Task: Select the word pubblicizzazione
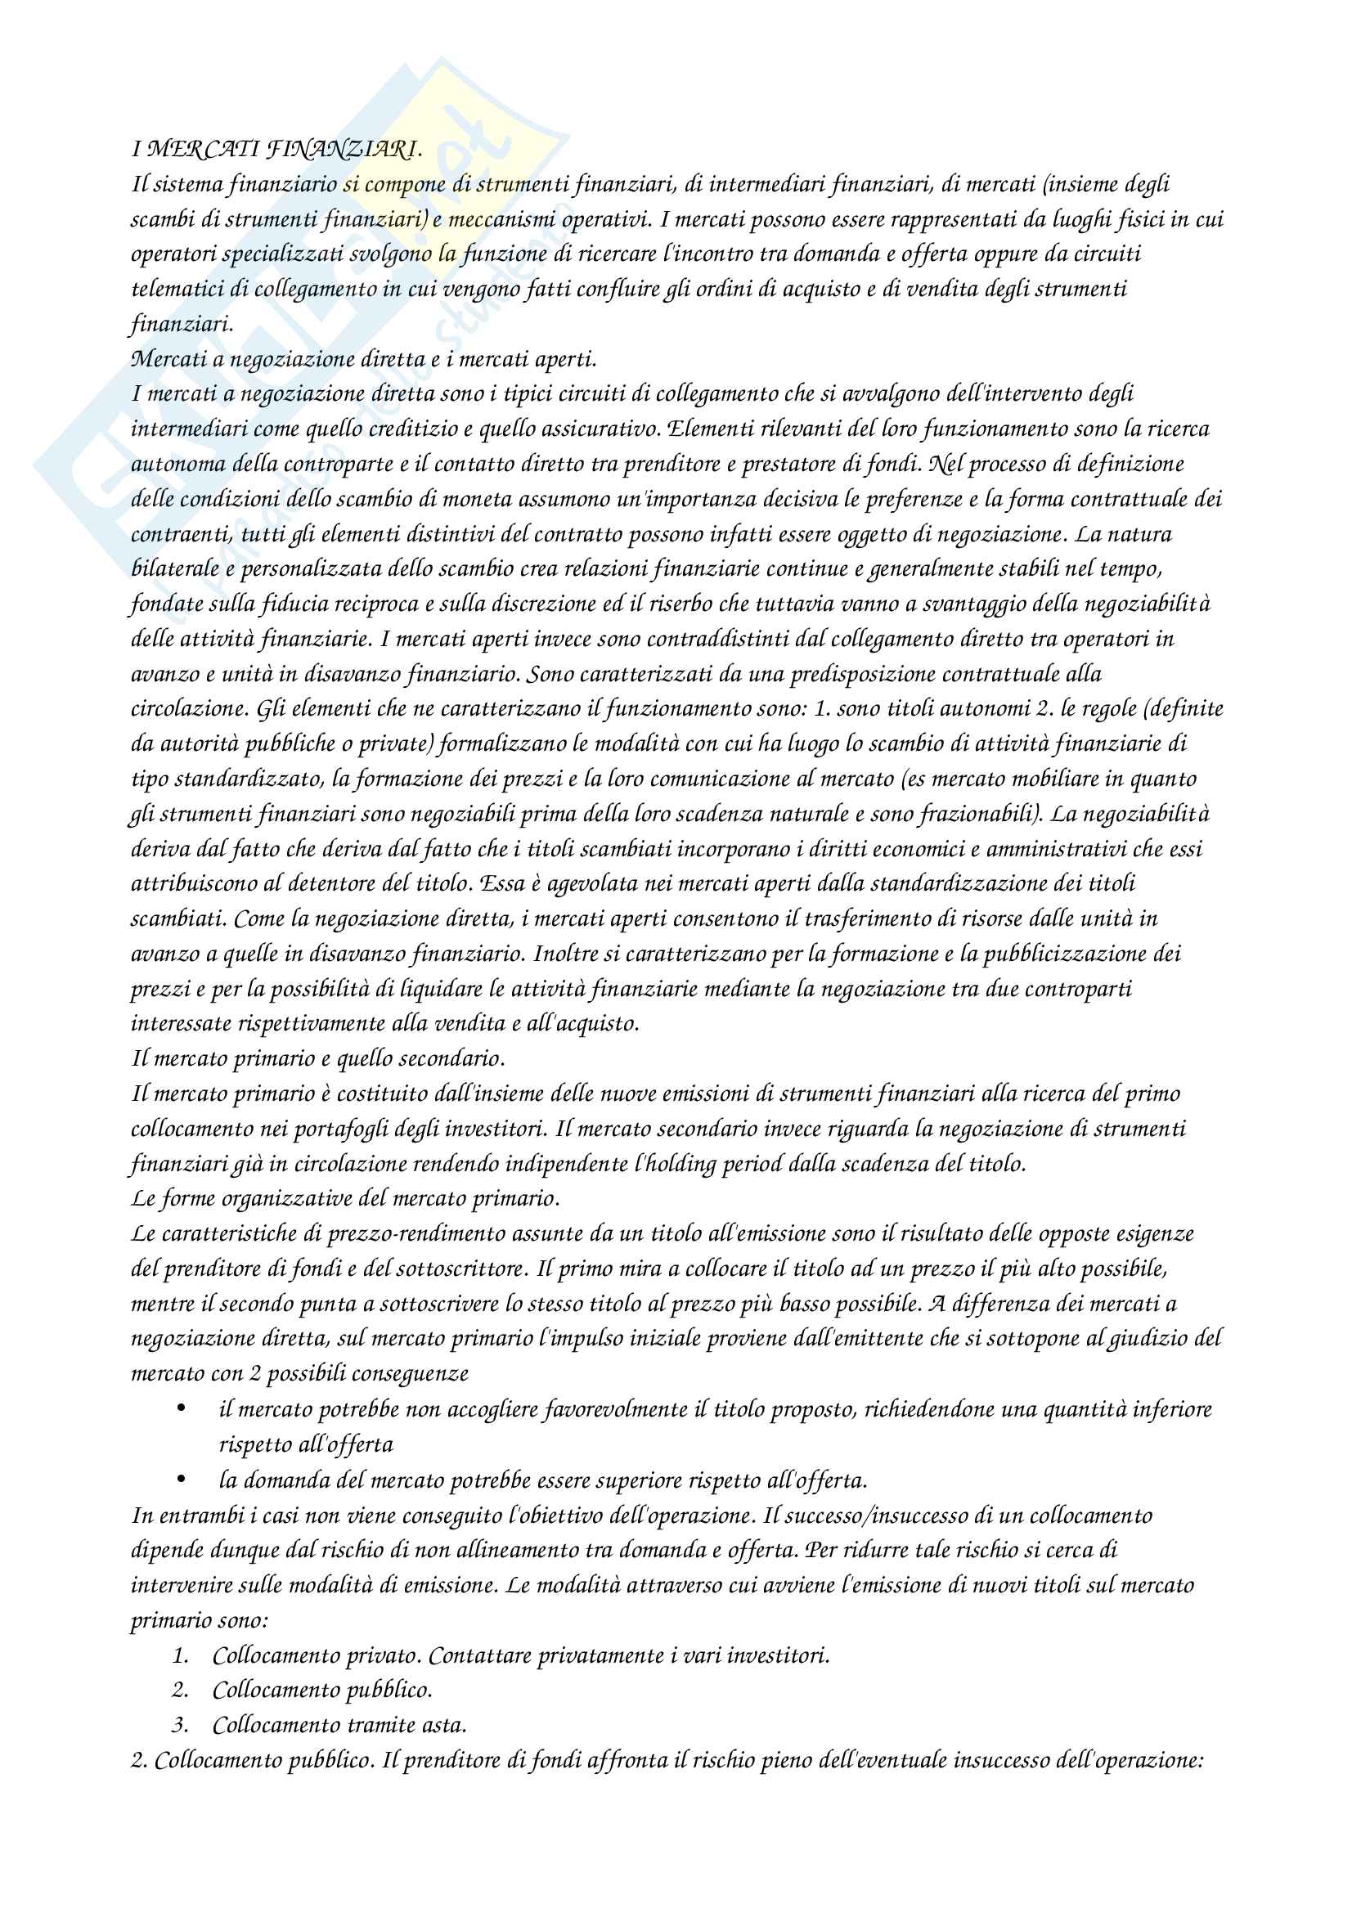pos(1063,954)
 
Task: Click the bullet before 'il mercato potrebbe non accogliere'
pos(182,1409)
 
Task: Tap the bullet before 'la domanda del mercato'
pos(182,1480)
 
